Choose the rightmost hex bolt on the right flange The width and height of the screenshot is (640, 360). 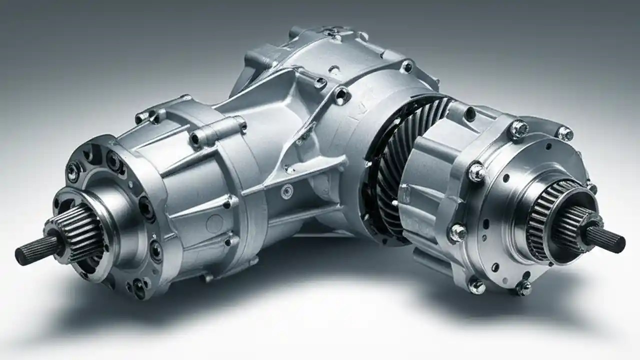(565, 133)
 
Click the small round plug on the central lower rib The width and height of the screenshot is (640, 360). (287, 191)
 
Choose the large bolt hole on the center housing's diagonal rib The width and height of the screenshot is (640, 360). (341, 95)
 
